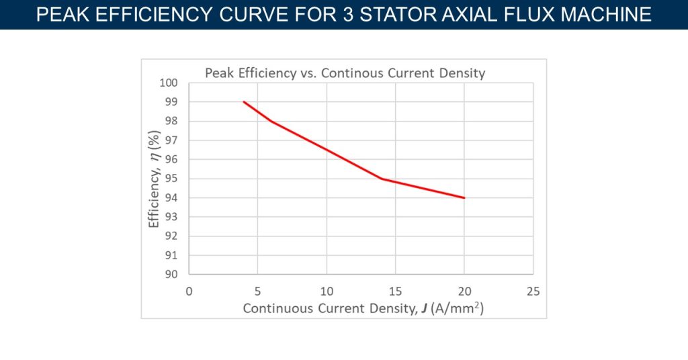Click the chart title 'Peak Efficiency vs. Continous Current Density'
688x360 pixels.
(345, 73)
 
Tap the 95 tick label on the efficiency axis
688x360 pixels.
(171, 179)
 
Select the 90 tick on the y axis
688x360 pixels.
(171, 274)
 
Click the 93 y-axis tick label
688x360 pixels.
(171, 217)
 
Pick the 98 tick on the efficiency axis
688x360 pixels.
(171, 121)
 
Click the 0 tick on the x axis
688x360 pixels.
(189, 291)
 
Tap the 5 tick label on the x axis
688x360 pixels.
(257, 291)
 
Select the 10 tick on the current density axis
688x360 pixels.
(327, 291)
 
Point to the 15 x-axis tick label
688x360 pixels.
(395, 291)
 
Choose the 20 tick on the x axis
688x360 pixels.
(464, 291)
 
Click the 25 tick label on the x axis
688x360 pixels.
(533, 291)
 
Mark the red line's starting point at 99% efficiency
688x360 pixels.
(244, 102)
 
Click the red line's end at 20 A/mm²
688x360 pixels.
(464, 197)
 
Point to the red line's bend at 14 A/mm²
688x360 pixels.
(382, 179)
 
